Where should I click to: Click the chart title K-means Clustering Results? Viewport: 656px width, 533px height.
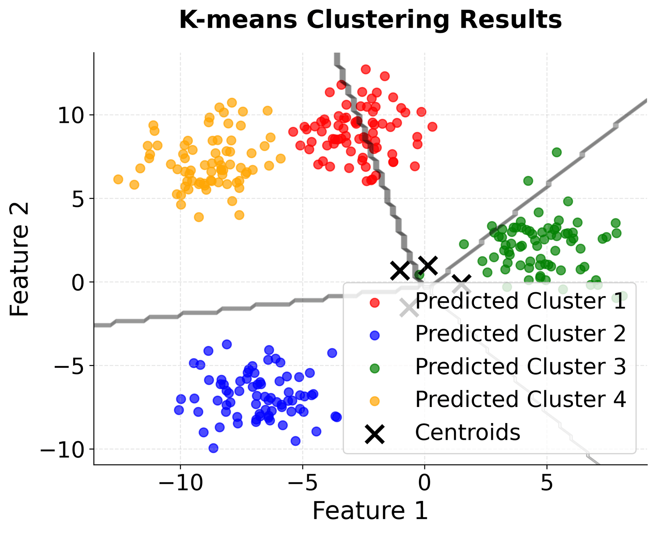(370, 20)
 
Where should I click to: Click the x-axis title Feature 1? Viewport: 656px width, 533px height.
(370, 511)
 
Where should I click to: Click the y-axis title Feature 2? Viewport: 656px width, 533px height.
(19, 259)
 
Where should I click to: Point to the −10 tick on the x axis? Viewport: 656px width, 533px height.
(180, 483)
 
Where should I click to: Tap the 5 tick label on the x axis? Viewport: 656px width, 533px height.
(547, 483)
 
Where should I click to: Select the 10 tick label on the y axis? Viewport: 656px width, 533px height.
(71, 115)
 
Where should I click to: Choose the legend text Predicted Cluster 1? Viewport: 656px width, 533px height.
(520, 301)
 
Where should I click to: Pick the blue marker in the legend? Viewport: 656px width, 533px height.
(375, 335)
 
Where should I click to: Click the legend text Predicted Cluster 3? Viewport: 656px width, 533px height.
(520, 367)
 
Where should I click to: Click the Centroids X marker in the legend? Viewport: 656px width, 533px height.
(375, 433)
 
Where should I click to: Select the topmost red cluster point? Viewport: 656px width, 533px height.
(366, 69)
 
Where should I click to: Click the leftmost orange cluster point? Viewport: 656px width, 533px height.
(118, 179)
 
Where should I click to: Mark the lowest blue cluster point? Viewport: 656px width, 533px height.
(214, 448)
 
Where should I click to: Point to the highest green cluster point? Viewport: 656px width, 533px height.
(557, 152)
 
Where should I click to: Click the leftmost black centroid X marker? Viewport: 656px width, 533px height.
(400, 270)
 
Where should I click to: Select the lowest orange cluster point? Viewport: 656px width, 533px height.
(199, 217)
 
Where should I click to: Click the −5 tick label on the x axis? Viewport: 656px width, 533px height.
(302, 483)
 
